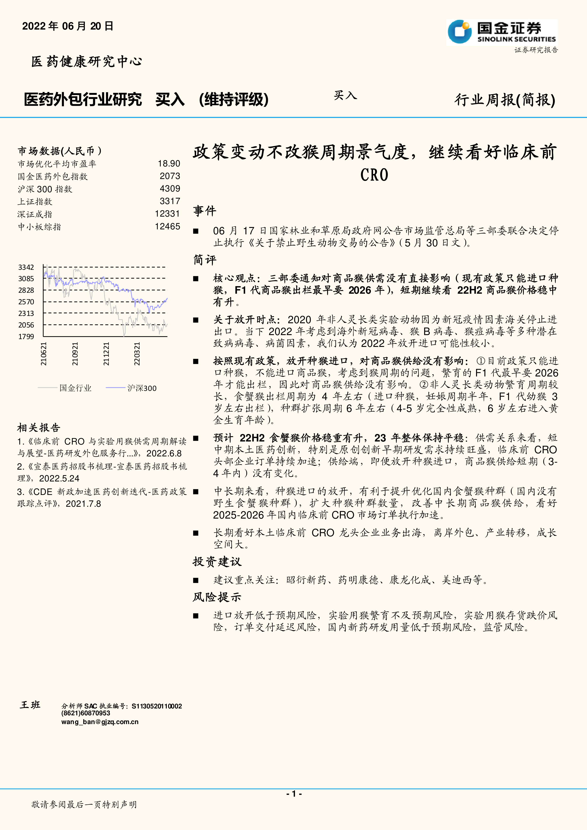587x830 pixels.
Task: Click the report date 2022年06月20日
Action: point(68,26)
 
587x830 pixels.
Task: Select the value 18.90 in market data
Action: point(169,164)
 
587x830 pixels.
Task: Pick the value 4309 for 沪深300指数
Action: point(170,189)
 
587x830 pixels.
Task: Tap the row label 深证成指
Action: point(35,214)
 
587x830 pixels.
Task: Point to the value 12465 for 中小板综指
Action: point(167,227)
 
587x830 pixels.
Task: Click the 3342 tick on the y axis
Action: point(26,267)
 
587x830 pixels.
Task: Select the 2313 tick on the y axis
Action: point(26,313)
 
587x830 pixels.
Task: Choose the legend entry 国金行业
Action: point(75,388)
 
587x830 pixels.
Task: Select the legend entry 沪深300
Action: point(142,388)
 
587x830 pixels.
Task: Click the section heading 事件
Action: point(204,211)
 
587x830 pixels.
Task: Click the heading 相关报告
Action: point(39,428)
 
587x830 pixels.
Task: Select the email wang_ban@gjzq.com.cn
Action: point(100,722)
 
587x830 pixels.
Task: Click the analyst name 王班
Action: point(30,705)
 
